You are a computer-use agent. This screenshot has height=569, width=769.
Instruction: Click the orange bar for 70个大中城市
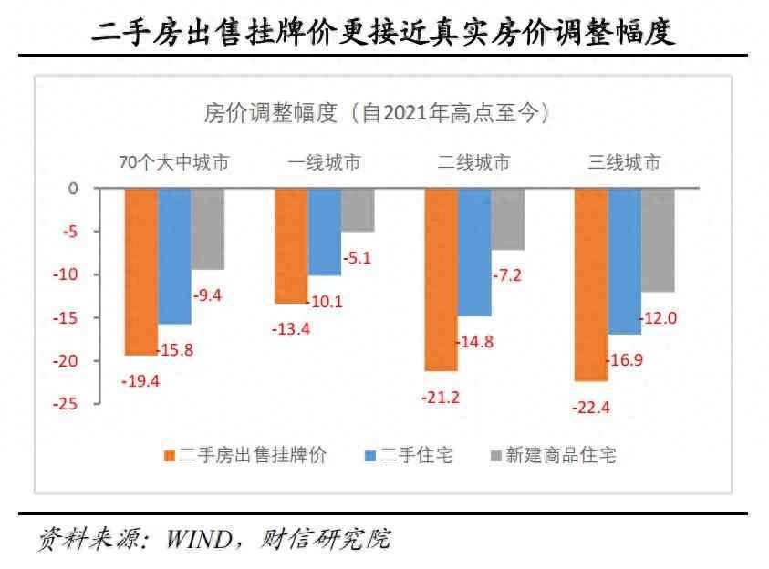[140, 272]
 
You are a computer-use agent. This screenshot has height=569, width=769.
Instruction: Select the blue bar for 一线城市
[324, 232]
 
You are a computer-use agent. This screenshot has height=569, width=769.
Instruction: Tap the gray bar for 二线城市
[507, 219]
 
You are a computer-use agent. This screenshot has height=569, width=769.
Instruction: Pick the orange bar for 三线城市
[590, 284]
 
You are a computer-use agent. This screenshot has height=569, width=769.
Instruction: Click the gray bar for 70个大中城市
[207, 229]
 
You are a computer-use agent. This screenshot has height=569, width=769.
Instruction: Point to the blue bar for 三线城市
[624, 261]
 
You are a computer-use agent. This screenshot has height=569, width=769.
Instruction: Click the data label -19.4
[140, 381]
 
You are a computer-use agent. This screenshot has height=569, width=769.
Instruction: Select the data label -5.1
[356, 258]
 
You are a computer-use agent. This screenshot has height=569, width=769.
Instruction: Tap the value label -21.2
[440, 397]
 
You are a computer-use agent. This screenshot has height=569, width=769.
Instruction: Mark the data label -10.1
[325, 302]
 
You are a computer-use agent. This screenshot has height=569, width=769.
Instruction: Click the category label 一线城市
[324, 163]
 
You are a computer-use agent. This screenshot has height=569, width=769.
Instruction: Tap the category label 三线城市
[624, 163]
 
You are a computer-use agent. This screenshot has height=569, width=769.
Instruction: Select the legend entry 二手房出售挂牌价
[244, 454]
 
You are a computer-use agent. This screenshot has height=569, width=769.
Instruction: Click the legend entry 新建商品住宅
[553, 454]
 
